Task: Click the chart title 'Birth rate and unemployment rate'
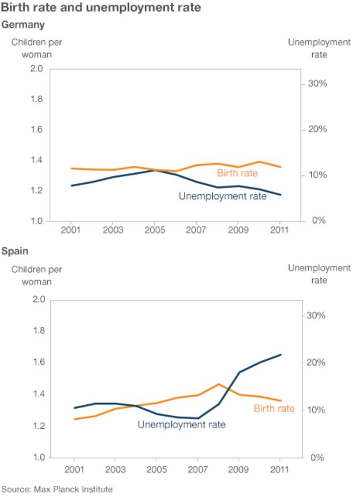click(101, 9)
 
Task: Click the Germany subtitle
click(23, 25)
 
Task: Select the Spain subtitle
click(15, 251)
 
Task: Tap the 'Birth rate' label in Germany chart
click(237, 173)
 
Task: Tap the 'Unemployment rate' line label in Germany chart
click(223, 196)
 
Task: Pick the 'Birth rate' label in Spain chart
click(274, 409)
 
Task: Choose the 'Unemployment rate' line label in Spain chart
click(181, 425)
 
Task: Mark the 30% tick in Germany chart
click(316, 84)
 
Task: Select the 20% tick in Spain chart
click(316, 363)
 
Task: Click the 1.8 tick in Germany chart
click(36, 99)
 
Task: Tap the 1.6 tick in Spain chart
click(36, 362)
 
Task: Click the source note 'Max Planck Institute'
click(57, 490)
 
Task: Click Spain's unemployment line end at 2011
click(281, 355)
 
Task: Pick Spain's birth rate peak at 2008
click(219, 384)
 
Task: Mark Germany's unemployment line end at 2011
click(281, 195)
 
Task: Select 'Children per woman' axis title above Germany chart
click(37, 48)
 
